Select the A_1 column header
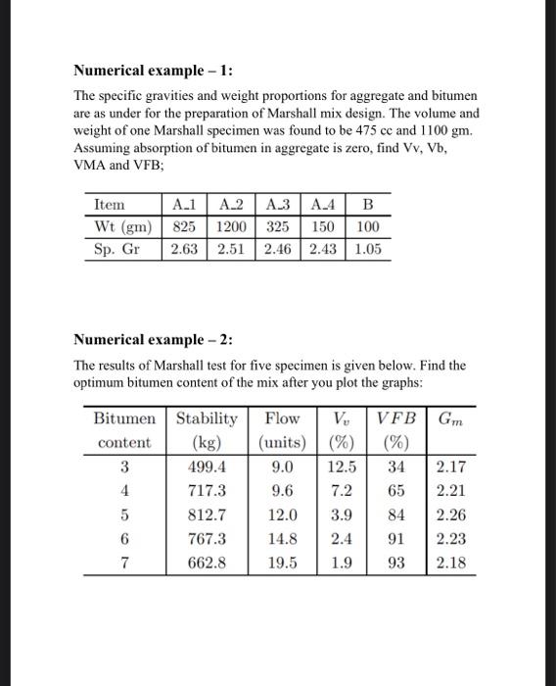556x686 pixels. tap(183, 205)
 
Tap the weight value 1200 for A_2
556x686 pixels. tap(230, 226)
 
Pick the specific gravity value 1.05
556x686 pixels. tap(367, 248)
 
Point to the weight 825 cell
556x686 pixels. tap(183, 226)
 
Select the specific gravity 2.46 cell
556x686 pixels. tap(277, 248)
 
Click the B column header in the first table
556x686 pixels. tap(367, 205)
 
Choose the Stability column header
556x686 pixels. tap(207, 418)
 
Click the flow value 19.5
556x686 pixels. tap(283, 563)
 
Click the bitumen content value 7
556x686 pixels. tap(124, 563)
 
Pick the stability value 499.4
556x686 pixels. tap(207, 466)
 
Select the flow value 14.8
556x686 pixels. tap(283, 539)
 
